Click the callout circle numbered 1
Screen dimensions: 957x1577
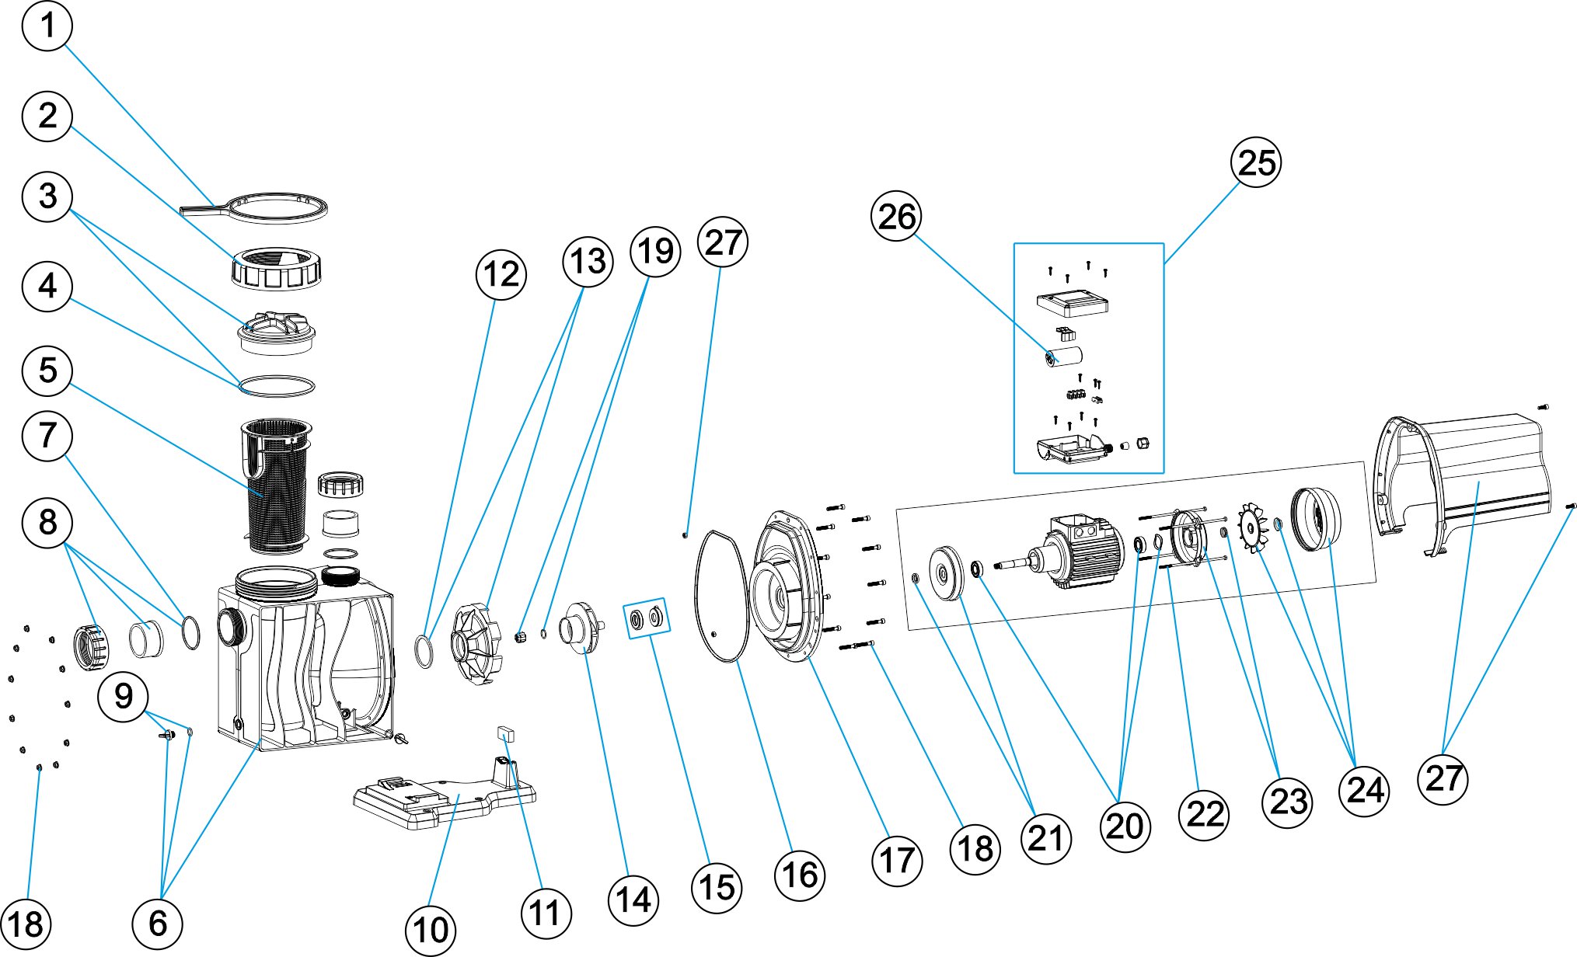pos(47,26)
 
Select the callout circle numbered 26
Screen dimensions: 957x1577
pos(896,216)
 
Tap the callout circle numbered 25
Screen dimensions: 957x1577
pos(1256,162)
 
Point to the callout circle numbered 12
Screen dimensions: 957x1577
pos(501,274)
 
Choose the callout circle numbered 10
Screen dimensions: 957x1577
pos(431,930)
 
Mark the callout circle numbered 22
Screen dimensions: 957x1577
pos(1204,814)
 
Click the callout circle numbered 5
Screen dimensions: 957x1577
pos(47,371)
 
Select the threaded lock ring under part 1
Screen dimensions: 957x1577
pos(276,269)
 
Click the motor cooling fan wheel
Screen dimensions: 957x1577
pos(1252,527)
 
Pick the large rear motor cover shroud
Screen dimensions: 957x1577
pos(1461,482)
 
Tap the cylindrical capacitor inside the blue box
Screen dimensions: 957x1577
pos(1064,357)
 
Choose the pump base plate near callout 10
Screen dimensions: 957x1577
pos(443,800)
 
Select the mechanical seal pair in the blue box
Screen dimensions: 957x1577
pos(646,618)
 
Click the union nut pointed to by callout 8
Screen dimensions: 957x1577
pos(90,646)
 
